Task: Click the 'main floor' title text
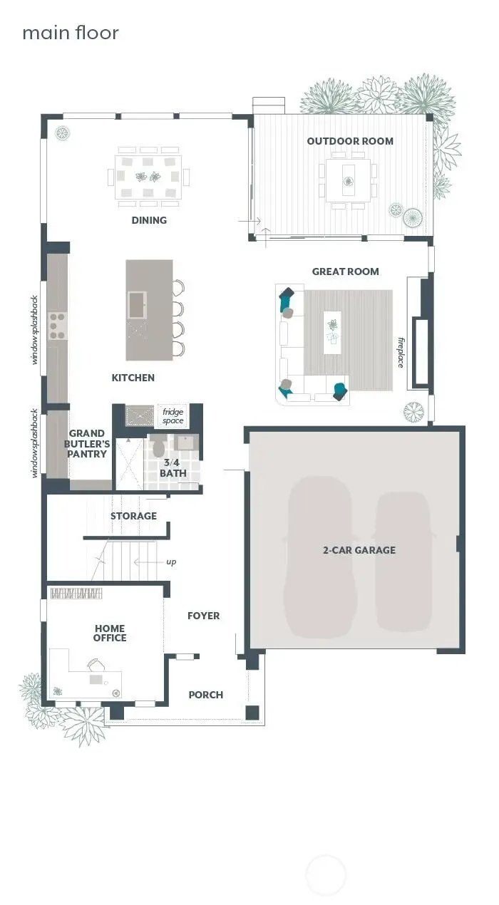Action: (71, 33)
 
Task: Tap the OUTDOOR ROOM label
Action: (350, 141)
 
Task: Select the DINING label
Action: (149, 220)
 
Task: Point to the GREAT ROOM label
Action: (345, 271)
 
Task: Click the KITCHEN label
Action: (133, 378)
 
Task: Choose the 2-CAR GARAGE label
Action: (358, 550)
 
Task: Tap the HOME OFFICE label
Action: (110, 633)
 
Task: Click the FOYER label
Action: (203, 616)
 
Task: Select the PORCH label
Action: (205, 695)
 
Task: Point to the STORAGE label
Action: (133, 516)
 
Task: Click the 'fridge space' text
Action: (173, 416)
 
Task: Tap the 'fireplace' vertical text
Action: (401, 352)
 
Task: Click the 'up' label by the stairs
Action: (171, 562)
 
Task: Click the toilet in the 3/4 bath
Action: (158, 448)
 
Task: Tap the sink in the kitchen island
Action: (137, 305)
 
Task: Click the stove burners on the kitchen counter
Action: (56, 325)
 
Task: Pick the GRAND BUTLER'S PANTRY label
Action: (88, 444)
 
